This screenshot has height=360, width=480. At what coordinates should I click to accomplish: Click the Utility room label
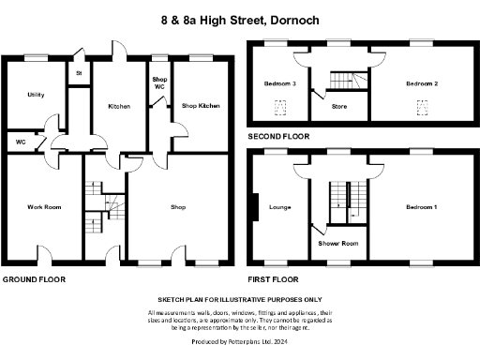pos(37,95)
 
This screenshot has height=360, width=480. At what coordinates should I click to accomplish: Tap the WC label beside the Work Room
pos(21,142)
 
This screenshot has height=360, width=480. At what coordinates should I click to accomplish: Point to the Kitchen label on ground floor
pos(118,106)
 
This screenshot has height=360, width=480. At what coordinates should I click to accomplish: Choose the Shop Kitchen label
pos(201,106)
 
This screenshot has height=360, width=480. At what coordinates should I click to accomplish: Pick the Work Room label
pos(43,206)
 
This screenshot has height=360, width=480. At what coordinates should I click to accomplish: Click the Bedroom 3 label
pos(282,83)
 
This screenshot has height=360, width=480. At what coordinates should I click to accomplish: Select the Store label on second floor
pos(340,106)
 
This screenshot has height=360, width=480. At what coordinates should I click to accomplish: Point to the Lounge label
pos(278,206)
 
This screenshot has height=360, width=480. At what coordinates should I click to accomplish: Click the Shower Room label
pos(337,243)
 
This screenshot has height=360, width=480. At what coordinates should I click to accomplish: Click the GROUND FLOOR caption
pos(35,280)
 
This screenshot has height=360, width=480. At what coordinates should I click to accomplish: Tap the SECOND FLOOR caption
pos(278,137)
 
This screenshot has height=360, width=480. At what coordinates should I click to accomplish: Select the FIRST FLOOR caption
pos(273,280)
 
